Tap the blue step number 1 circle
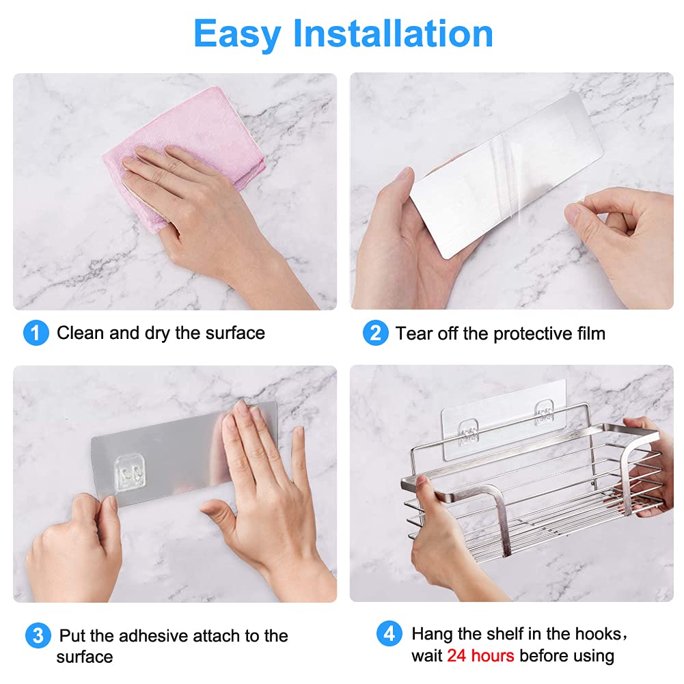pos(36,333)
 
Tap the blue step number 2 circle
pos(375,333)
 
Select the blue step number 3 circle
pos(38,636)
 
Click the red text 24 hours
pos(480,656)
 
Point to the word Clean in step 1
pos(81,333)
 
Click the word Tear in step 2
pos(412,333)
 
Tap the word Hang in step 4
pos(433,633)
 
